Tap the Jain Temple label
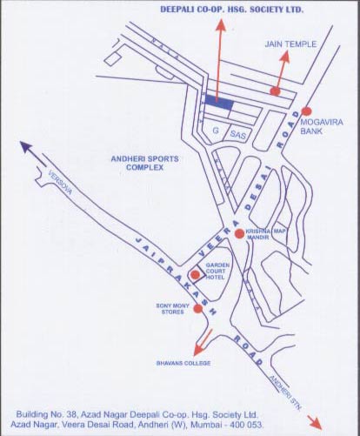288,43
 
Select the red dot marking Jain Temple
275,91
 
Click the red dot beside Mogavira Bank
306,111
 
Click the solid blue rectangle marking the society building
219,102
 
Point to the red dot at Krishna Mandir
239,234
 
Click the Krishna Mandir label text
266,234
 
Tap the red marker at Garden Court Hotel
195,275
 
